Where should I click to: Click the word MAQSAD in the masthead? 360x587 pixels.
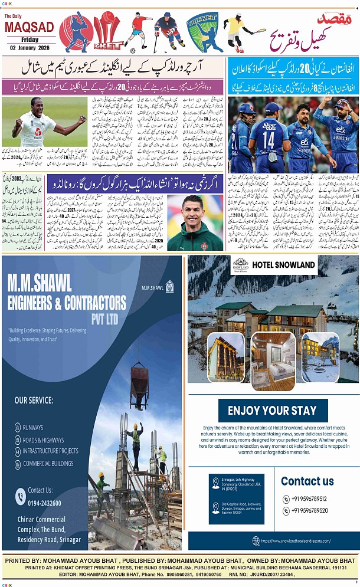point(29,27)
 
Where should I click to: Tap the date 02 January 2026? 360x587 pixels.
point(29,47)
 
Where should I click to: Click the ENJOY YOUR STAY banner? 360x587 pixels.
point(272,411)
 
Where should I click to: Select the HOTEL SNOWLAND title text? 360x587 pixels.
point(284,265)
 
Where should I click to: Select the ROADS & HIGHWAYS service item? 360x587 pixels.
point(43,440)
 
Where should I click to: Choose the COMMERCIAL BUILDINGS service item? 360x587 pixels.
point(48,463)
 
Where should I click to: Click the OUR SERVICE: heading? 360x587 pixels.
point(34,400)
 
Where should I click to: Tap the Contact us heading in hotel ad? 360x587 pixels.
point(307,481)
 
